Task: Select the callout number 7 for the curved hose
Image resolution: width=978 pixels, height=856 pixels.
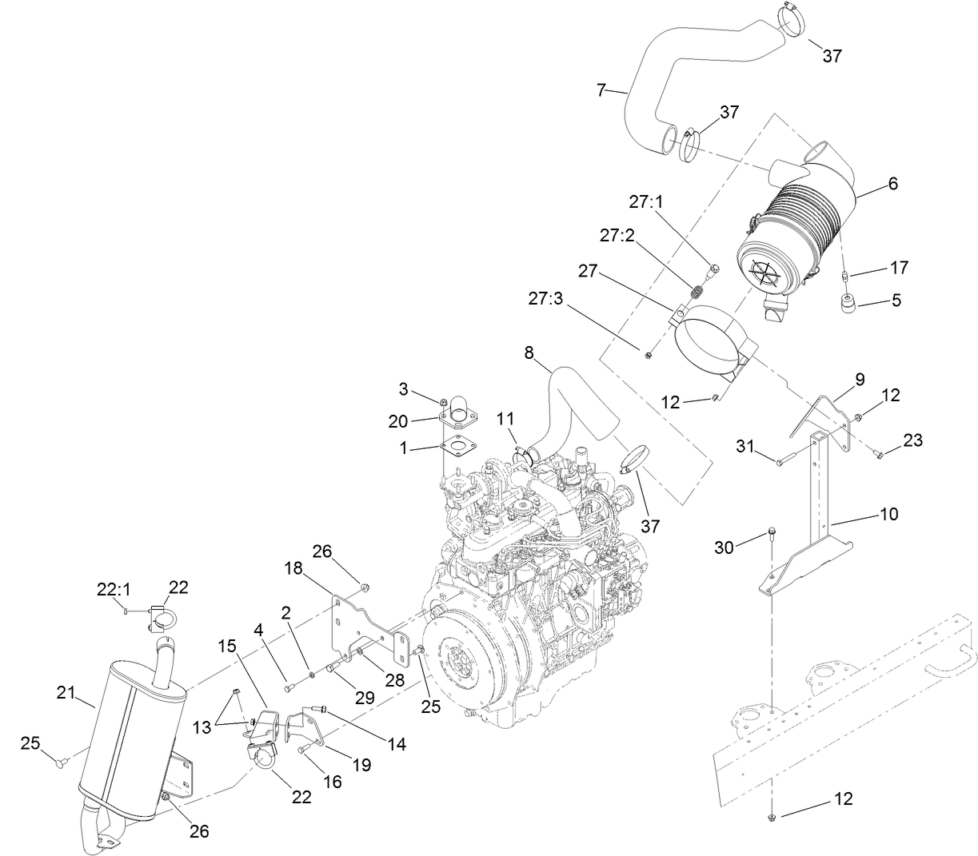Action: pos(601,90)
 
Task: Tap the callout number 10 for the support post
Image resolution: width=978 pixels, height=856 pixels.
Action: pos(888,513)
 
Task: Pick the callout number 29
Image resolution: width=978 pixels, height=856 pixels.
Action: pos(364,696)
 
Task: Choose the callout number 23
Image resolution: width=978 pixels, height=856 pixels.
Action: pos(913,439)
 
